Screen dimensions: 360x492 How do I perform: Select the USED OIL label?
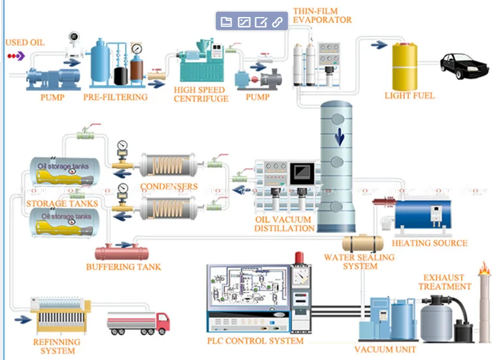click(x=25, y=43)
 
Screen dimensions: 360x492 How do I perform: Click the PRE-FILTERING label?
click(x=115, y=97)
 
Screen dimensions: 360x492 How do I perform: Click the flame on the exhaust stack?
click(x=484, y=268)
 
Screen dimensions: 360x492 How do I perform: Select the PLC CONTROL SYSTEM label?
click(x=255, y=340)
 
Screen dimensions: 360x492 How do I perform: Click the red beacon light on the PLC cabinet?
click(x=299, y=257)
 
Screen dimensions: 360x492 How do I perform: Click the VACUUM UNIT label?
click(x=385, y=350)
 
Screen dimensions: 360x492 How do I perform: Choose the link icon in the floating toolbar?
click(x=277, y=22)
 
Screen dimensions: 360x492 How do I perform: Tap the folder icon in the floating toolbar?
click(x=226, y=22)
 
